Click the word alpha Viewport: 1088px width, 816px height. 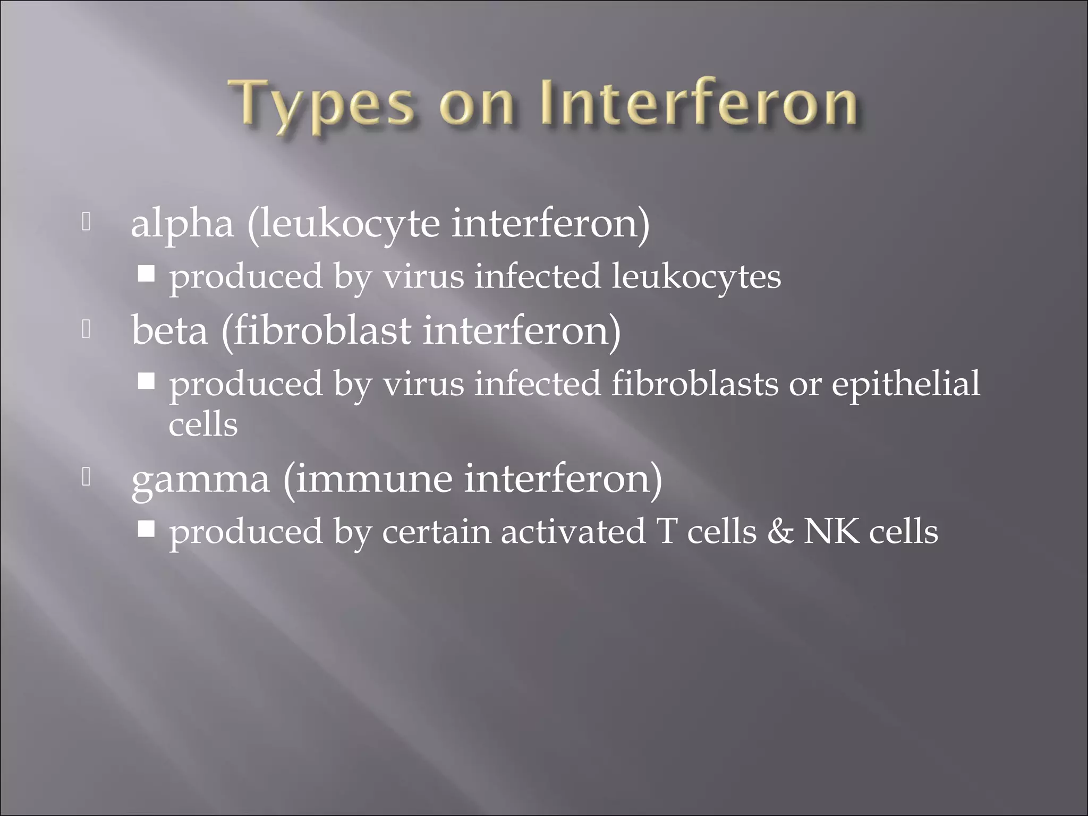[x=182, y=224]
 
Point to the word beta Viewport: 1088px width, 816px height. [x=169, y=330]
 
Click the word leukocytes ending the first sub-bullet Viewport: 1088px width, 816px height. [x=696, y=277]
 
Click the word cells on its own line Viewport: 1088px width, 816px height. [x=203, y=424]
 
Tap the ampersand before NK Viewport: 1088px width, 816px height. [x=779, y=531]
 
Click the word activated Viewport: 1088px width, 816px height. [x=572, y=531]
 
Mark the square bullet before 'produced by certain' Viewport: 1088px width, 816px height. [x=146, y=529]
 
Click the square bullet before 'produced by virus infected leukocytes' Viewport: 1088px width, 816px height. [x=146, y=274]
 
